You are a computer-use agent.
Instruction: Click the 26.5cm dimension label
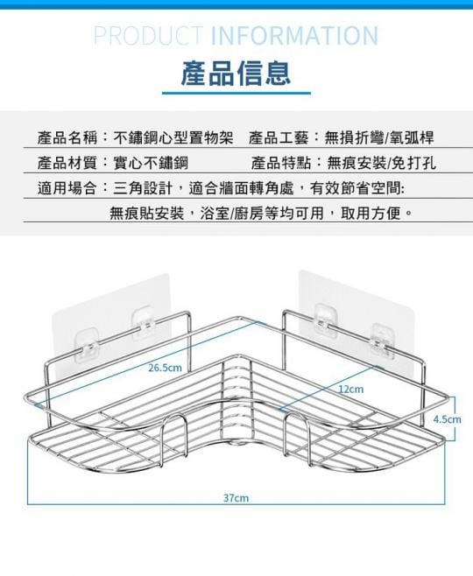click(x=165, y=368)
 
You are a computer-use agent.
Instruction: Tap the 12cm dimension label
click(x=351, y=389)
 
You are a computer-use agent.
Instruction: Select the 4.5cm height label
click(x=447, y=419)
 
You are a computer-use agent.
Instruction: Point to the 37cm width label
click(x=236, y=498)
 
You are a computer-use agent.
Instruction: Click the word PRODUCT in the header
click(x=148, y=36)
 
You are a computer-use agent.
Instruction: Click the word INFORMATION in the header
click(x=294, y=36)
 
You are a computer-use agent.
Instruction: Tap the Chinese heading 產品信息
click(x=236, y=74)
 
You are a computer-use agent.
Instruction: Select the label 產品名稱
click(x=67, y=137)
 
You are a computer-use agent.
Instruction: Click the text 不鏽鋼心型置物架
click(x=173, y=137)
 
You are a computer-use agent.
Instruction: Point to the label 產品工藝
click(x=279, y=137)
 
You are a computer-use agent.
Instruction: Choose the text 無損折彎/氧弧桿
click(x=379, y=137)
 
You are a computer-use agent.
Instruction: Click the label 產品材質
click(x=67, y=163)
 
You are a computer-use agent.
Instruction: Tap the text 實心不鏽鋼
click(x=151, y=163)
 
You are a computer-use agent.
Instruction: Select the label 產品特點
click(x=281, y=163)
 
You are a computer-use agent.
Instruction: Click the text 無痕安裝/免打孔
click(x=382, y=163)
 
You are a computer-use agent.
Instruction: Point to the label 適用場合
click(x=67, y=188)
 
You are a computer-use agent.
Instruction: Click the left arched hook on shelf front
click(x=174, y=417)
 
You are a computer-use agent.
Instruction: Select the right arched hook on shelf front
click(x=297, y=413)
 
